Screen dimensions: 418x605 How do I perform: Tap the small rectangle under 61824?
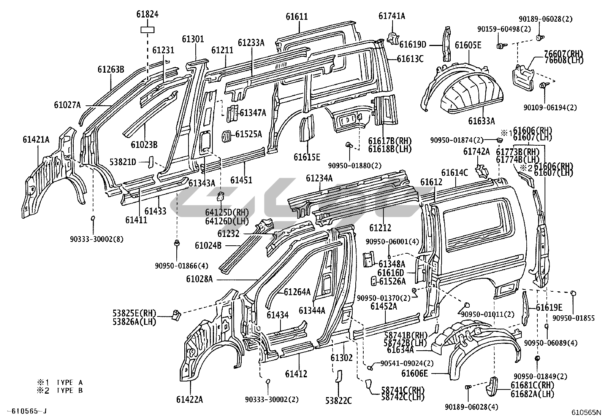click(x=147, y=30)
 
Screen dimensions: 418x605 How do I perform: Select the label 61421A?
click(x=36, y=140)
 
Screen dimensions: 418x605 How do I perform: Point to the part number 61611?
click(x=297, y=17)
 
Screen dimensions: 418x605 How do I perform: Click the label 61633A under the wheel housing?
click(x=481, y=121)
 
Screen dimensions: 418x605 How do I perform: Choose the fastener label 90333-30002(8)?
click(x=97, y=239)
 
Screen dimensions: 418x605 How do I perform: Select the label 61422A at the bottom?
click(x=189, y=399)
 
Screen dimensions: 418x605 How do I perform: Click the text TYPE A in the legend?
click(x=70, y=383)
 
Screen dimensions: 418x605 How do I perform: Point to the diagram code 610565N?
click(x=587, y=412)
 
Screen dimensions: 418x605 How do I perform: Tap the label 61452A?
click(x=384, y=306)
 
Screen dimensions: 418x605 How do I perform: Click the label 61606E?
click(x=415, y=373)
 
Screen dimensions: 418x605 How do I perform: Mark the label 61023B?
click(x=144, y=145)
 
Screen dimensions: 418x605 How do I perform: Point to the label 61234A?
click(x=319, y=178)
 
